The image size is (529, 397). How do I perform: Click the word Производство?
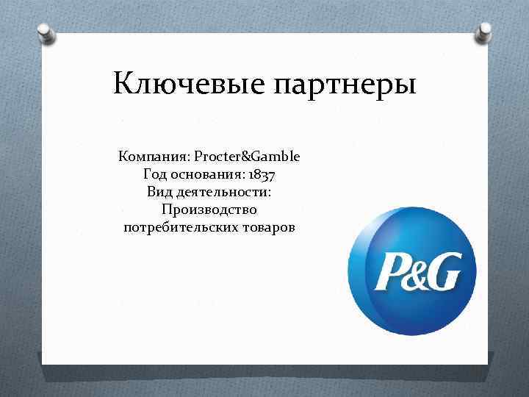[209, 210]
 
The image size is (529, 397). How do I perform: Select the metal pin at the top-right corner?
[484, 31]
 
